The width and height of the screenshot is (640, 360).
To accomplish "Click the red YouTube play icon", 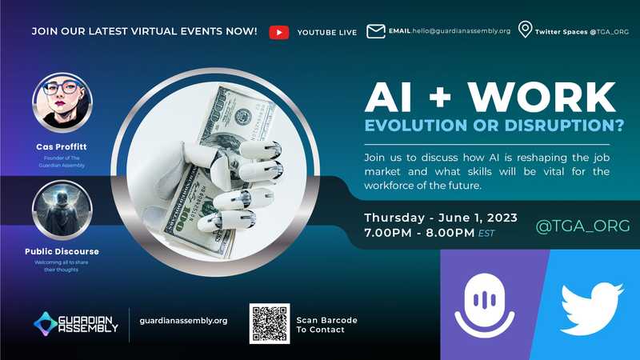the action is point(279,32).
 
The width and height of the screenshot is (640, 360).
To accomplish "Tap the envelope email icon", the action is point(375,31).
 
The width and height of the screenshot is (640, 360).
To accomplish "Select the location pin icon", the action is point(525,30).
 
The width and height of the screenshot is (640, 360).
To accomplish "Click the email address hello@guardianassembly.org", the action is point(462,31).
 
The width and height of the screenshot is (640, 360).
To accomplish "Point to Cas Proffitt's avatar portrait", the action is point(62,102).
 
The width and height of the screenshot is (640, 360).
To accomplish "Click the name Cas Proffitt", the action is point(62,146).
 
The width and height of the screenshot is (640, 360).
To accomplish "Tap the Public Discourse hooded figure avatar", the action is point(62,210).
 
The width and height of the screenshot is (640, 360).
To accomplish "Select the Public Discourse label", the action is point(62,251).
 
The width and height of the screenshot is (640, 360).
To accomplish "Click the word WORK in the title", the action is point(542,97).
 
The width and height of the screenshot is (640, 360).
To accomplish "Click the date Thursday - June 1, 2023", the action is point(441,218).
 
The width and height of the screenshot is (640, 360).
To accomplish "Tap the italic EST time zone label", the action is point(486,234).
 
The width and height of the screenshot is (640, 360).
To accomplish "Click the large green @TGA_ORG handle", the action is point(582,226).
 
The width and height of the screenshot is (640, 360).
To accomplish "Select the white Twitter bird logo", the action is point(592,308).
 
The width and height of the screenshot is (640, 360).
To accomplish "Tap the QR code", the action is point(270,324).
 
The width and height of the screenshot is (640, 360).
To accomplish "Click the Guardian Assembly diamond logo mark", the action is point(45,324).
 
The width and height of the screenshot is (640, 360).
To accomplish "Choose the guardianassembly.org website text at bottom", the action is point(184,321).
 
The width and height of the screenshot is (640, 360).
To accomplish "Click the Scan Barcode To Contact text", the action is point(326,325).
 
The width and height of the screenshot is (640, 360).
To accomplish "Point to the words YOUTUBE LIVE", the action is point(327,33).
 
